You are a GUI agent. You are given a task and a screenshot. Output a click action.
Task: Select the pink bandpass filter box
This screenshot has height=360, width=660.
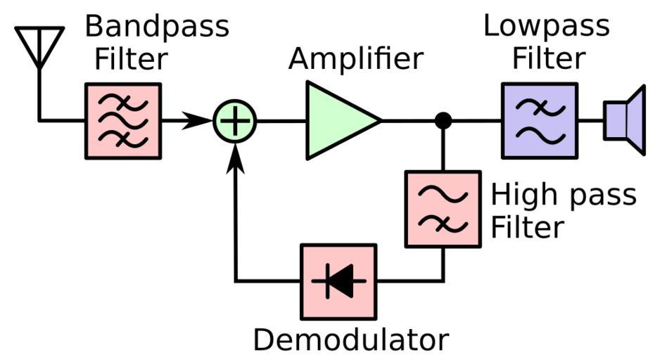point(123,120)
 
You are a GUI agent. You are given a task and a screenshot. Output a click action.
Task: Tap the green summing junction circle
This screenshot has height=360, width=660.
point(235,121)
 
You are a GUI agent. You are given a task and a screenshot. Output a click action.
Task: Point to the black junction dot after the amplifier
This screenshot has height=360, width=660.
point(443,120)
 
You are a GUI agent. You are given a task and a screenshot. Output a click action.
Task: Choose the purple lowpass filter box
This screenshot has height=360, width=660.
point(539,120)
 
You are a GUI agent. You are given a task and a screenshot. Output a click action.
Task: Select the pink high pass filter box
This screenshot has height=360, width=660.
point(443,209)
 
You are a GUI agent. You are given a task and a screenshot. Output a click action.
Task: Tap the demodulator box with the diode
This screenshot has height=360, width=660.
point(338,281)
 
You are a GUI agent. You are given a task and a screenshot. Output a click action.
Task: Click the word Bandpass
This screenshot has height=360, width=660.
point(157,27)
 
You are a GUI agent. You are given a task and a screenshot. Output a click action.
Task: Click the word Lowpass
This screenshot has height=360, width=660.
point(547,26)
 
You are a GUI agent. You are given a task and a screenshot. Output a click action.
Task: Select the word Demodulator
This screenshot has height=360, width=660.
point(350,340)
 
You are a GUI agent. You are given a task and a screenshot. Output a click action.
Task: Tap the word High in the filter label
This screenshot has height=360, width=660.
point(520,195)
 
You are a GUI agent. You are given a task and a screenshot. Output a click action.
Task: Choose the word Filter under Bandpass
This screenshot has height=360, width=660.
point(132,59)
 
